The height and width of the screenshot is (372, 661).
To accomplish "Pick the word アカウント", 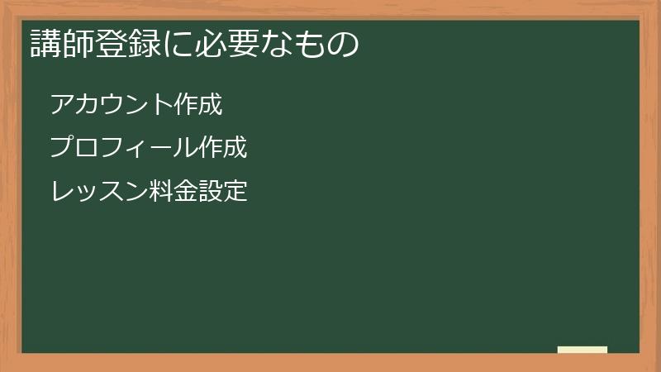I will [112, 104].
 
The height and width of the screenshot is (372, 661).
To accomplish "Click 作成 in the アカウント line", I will [199, 104].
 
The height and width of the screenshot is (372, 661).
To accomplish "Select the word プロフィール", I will [124, 148].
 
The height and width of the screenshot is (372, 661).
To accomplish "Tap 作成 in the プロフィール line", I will [224, 148].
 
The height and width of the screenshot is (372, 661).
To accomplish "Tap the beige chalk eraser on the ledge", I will [583, 350].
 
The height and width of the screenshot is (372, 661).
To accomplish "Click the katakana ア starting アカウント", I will [61, 104].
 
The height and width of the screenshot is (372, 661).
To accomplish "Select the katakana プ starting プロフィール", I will [61, 148].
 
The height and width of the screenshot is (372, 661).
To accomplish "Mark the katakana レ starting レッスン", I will [61, 192].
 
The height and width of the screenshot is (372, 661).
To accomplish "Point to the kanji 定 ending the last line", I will [236, 192].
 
